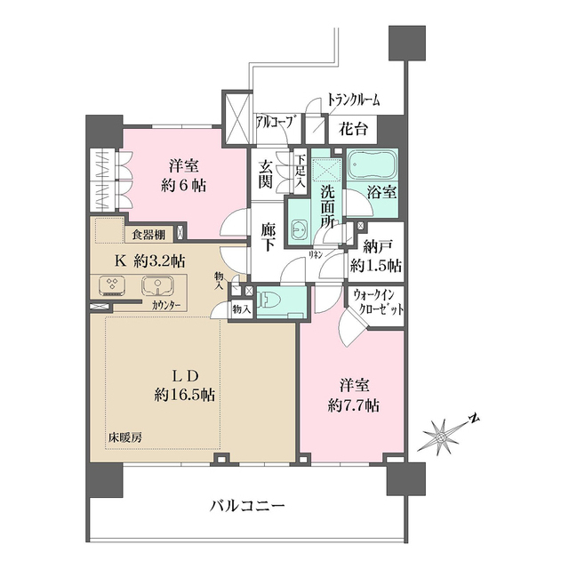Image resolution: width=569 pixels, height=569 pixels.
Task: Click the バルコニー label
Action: click(x=247, y=507)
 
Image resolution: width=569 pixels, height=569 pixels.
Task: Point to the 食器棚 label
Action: click(x=148, y=235)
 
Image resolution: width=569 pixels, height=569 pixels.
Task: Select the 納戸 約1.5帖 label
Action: click(x=375, y=256)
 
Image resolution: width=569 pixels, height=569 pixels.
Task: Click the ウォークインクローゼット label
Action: click(x=378, y=304)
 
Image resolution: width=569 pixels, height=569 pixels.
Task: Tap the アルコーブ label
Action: click(x=275, y=122)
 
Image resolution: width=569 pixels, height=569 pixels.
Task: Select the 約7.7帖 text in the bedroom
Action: click(x=354, y=397)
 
